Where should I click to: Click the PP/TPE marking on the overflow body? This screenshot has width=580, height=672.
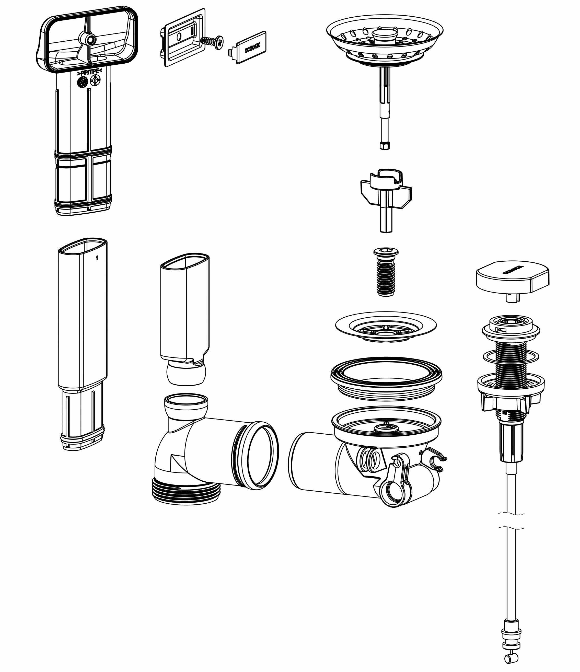(x=89, y=72)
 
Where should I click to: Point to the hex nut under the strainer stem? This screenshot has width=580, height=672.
(x=385, y=146)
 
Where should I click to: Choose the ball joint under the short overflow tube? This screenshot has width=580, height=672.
(x=186, y=374)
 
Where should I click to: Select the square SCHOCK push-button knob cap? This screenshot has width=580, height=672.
(x=513, y=277)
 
